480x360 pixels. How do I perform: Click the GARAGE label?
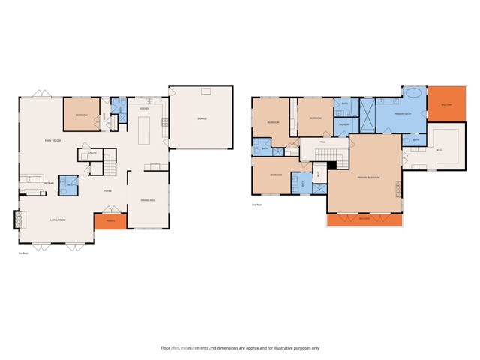(202, 118)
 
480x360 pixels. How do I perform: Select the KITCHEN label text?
(144, 109)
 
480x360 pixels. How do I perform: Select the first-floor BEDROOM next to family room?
(80, 115)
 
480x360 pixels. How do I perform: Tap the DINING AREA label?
(148, 200)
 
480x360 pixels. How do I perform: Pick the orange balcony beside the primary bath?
(447, 104)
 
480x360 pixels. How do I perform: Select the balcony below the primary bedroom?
(364, 219)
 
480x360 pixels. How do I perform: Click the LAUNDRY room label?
(345, 124)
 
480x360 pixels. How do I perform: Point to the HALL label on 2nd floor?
(322, 142)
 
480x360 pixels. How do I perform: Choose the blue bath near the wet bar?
(68, 184)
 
